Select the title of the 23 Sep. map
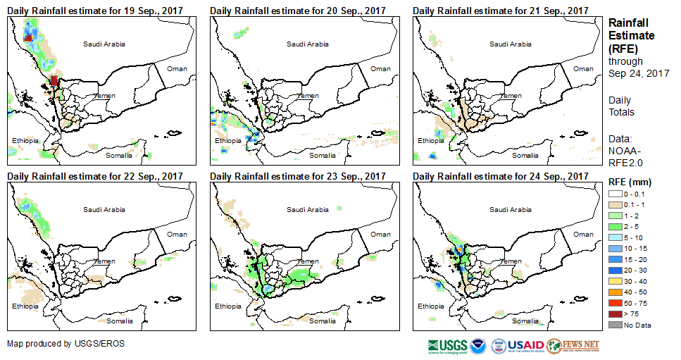pos(298,176)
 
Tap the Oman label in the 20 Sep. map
pos(380,68)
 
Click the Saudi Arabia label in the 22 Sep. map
pos(104,209)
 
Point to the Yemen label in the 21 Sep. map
pos(511,96)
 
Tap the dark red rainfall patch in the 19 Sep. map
pos(54,81)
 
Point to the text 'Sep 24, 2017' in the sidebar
pos(639,73)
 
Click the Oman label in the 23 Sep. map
pos(380,234)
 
